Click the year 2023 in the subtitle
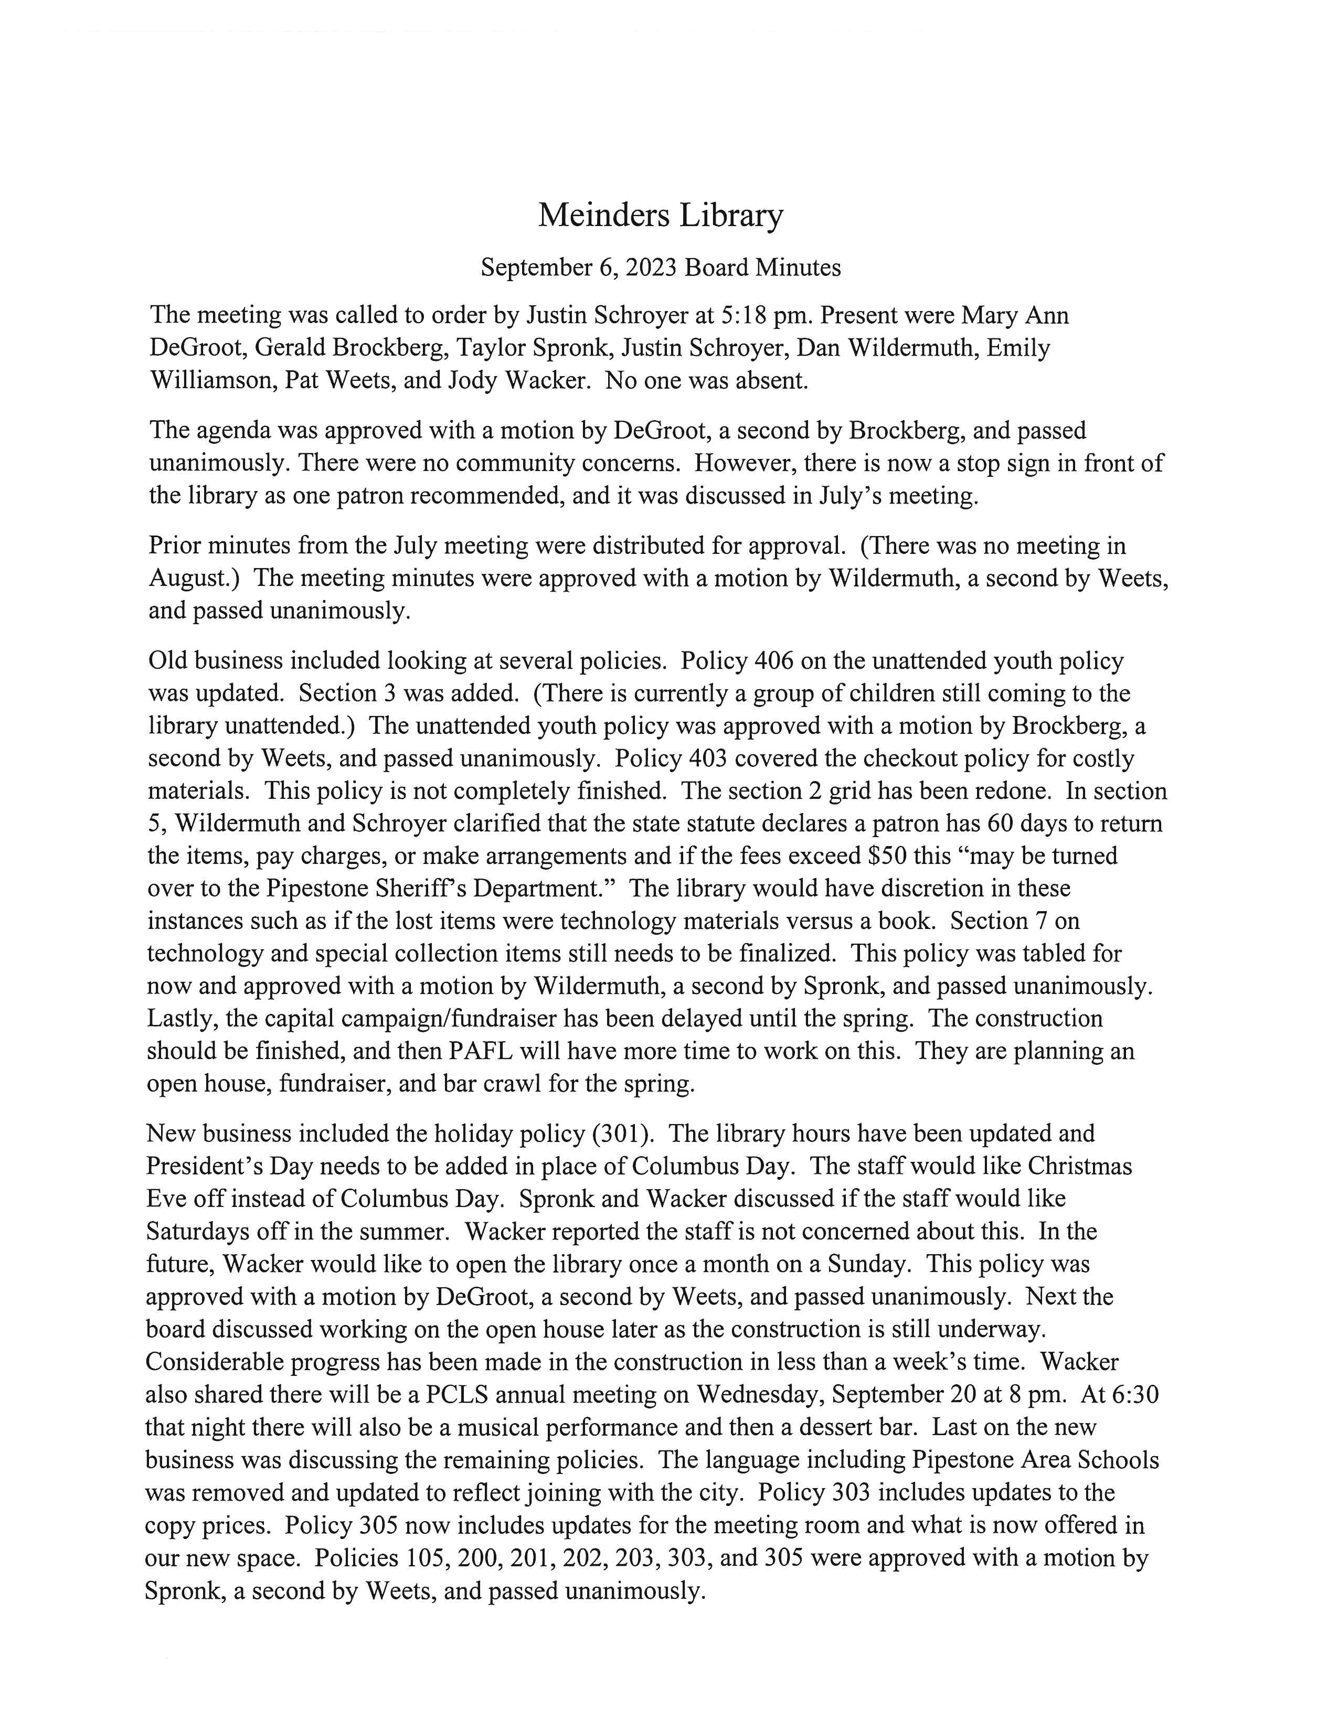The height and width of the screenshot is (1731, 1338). pyautogui.click(x=651, y=268)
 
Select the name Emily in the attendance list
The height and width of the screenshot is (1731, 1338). pyautogui.click(x=1018, y=348)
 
